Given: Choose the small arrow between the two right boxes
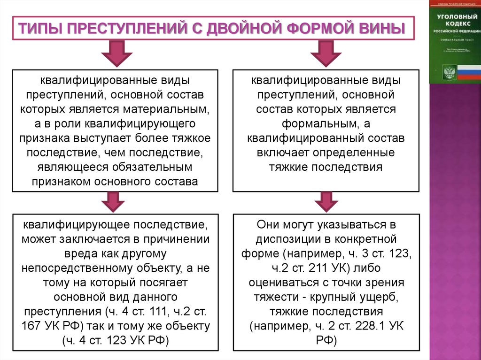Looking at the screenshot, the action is (324, 202).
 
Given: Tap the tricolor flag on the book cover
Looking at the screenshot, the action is (468, 73).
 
